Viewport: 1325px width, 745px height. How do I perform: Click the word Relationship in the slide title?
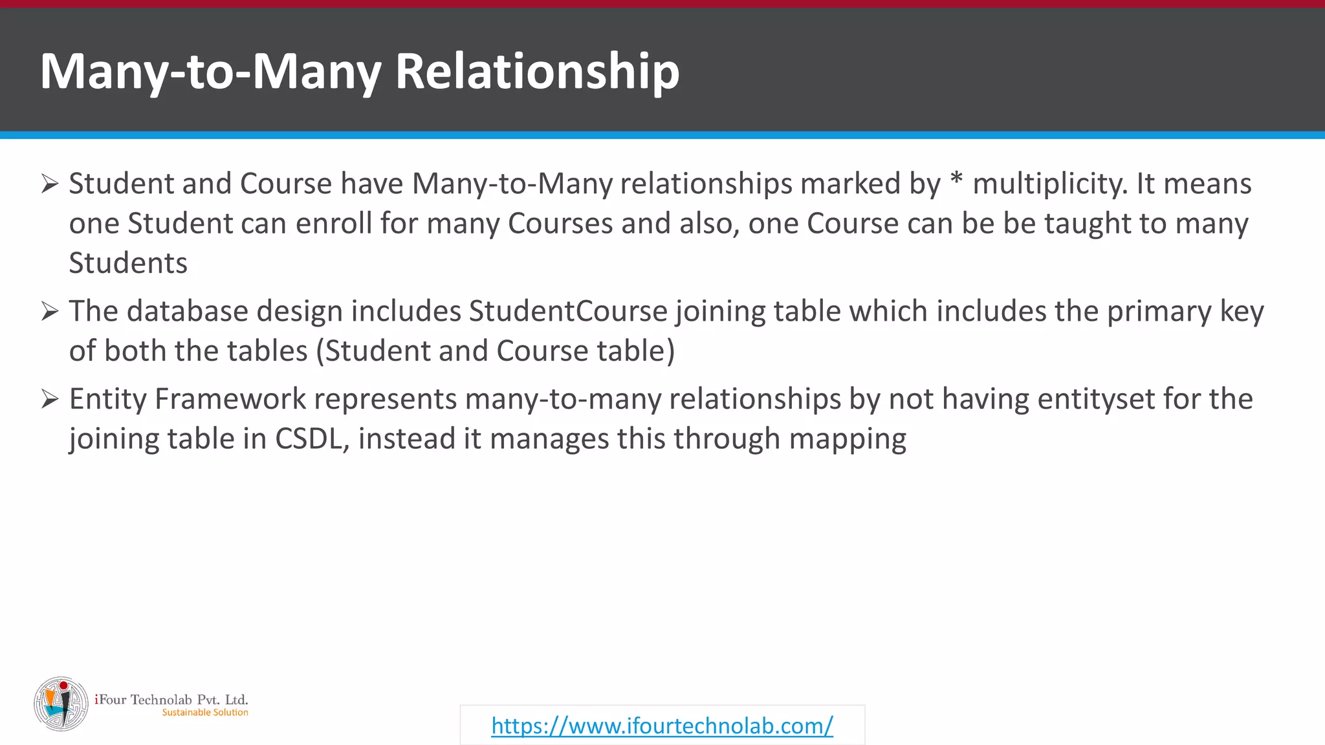(x=537, y=71)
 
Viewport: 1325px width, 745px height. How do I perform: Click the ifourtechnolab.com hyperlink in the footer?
(x=662, y=726)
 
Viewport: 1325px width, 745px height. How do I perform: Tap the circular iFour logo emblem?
(x=61, y=704)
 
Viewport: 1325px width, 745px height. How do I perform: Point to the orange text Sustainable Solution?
(x=205, y=713)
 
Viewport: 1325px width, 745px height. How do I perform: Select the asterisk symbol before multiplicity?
(x=956, y=181)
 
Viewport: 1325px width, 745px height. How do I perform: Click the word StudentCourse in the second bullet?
(x=568, y=312)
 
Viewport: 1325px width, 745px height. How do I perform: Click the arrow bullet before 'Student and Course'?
(x=50, y=184)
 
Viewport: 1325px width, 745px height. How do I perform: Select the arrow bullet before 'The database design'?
(x=50, y=311)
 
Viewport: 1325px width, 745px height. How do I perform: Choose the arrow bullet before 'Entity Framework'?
(x=50, y=399)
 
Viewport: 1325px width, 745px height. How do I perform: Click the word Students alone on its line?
(x=128, y=264)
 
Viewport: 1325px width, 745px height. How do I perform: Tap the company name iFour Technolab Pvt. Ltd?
(x=171, y=699)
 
